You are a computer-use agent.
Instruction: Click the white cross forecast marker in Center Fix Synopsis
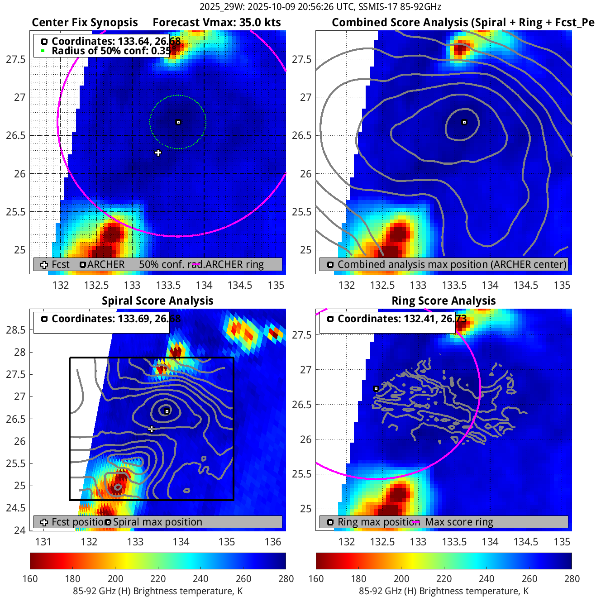tap(158, 153)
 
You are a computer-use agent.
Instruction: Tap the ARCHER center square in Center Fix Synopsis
tap(178, 122)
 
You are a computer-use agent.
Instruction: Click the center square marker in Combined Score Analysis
tap(464, 122)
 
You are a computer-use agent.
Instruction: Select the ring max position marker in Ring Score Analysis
tap(376, 389)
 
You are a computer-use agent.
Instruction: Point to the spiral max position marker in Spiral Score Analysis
tap(167, 411)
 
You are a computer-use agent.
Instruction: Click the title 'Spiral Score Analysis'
tap(157, 301)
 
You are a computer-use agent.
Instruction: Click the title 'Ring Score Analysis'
tap(443, 301)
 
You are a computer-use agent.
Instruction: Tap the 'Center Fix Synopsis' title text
tap(85, 23)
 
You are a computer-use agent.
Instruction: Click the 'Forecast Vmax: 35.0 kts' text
tap(217, 23)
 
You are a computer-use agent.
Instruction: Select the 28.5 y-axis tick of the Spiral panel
tap(16, 330)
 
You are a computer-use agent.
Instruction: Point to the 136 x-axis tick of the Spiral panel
tap(273, 542)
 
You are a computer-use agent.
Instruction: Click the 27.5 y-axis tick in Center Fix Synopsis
tap(16, 59)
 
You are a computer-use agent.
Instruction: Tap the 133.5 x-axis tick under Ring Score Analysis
tap(454, 542)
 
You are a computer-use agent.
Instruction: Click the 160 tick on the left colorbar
tap(30, 579)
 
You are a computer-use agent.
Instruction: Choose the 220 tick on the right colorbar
tap(444, 579)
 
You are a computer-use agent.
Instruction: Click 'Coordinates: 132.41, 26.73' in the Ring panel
tap(402, 319)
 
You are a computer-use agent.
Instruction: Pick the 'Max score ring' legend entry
tap(459, 522)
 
